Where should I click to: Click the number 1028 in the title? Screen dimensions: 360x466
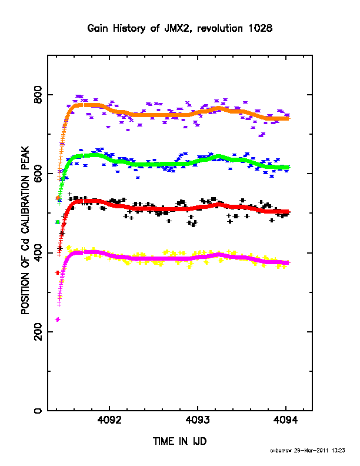(x=260, y=28)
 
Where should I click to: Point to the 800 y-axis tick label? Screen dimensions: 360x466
(x=38, y=95)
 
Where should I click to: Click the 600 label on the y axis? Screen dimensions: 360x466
(x=38, y=174)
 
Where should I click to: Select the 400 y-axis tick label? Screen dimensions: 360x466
(x=38, y=252)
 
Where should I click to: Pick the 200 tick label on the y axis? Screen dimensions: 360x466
(x=38, y=332)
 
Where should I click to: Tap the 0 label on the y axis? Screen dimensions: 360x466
(x=38, y=411)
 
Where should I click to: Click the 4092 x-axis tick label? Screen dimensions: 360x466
(x=109, y=420)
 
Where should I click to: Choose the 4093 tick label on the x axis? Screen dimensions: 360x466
(x=198, y=420)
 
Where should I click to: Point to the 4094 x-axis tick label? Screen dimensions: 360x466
(x=286, y=420)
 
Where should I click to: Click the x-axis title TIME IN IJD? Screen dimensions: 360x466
(x=179, y=441)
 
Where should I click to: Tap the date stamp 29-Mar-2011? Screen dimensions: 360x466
(x=311, y=451)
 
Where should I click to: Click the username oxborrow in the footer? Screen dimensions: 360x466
(x=281, y=451)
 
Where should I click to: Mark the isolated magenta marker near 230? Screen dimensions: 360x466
(x=58, y=319)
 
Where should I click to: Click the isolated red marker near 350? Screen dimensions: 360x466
(x=58, y=272)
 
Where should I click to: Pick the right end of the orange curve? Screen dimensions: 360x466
(x=289, y=119)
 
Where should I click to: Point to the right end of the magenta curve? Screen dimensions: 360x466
(x=288, y=263)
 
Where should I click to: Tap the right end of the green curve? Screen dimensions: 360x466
(x=288, y=168)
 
